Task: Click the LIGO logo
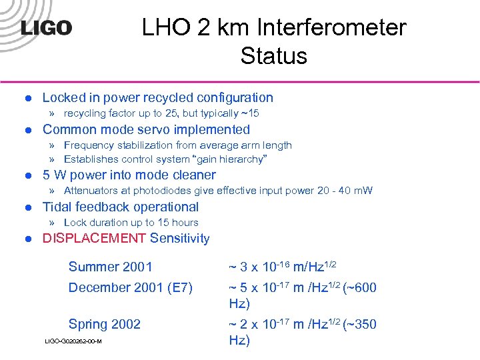(45, 27)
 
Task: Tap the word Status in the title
(274, 56)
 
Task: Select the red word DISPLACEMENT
(94, 239)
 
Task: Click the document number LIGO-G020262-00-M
(73, 341)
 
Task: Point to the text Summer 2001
(110, 267)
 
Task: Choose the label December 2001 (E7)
(130, 287)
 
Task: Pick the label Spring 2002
(104, 324)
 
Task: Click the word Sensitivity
(179, 239)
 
